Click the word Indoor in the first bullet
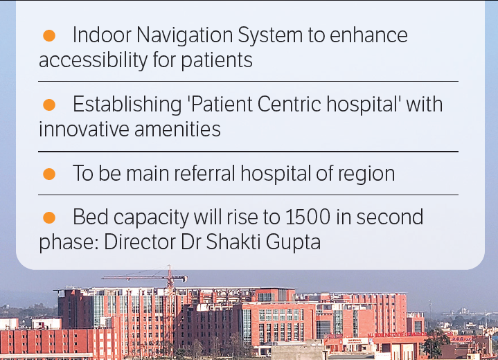pos(97,35)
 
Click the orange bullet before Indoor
pos(49,35)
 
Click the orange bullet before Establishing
pos(49,105)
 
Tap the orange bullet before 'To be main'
pos(49,173)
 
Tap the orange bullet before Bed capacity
pos(49,217)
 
